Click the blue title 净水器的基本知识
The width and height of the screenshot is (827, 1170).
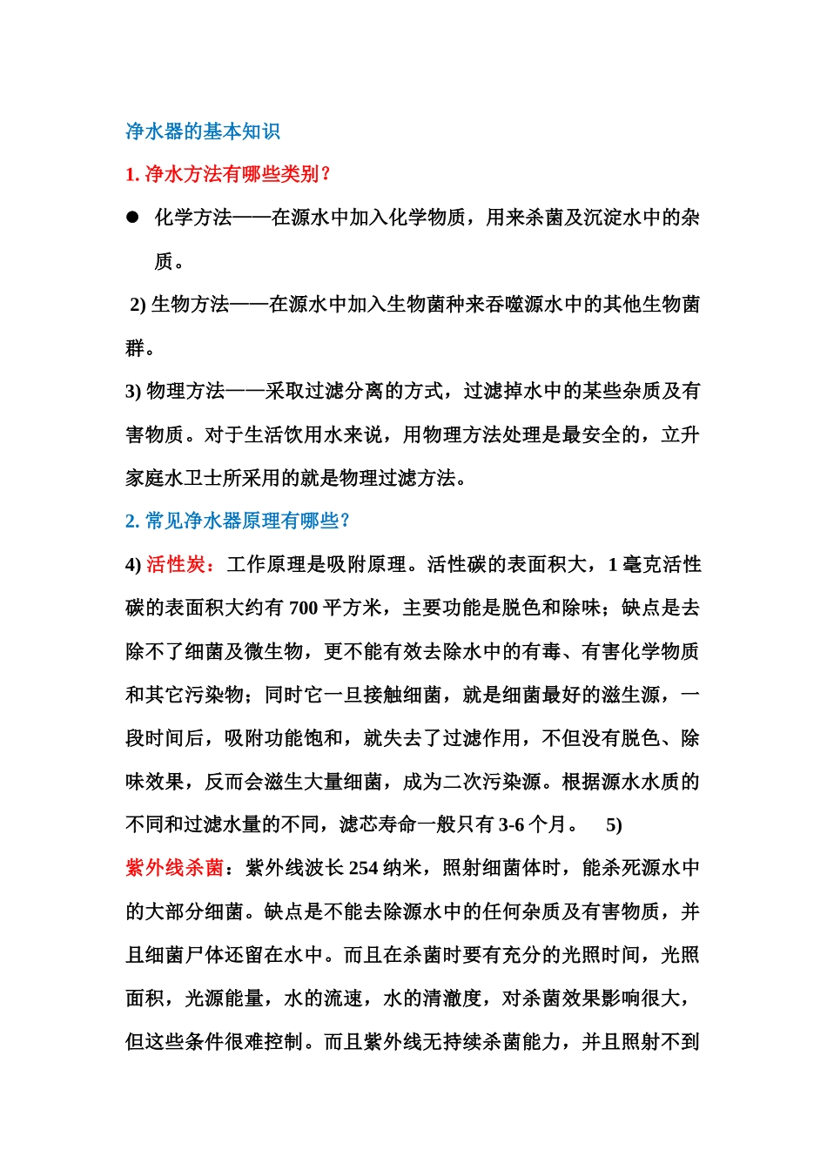(x=203, y=131)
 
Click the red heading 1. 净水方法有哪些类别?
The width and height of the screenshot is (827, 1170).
(x=228, y=174)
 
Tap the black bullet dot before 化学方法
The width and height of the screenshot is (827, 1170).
(x=133, y=218)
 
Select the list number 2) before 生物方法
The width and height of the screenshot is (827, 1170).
(x=138, y=305)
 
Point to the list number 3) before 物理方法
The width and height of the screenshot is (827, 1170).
(x=133, y=392)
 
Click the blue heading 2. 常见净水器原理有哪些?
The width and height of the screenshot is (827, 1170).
(x=238, y=521)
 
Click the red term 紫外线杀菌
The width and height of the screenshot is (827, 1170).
(x=174, y=868)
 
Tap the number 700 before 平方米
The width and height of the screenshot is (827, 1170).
(x=303, y=609)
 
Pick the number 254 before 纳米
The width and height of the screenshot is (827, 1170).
(x=363, y=868)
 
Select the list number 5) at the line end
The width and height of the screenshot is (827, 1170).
(x=614, y=824)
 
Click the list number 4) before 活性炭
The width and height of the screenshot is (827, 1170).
(x=133, y=565)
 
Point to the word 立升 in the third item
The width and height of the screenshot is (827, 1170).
(x=680, y=434)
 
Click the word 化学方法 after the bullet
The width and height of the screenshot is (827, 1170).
(x=193, y=218)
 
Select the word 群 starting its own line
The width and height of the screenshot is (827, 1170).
(x=135, y=348)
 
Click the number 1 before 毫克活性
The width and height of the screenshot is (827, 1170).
(x=612, y=565)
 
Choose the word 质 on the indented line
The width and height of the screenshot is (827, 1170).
(x=164, y=261)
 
